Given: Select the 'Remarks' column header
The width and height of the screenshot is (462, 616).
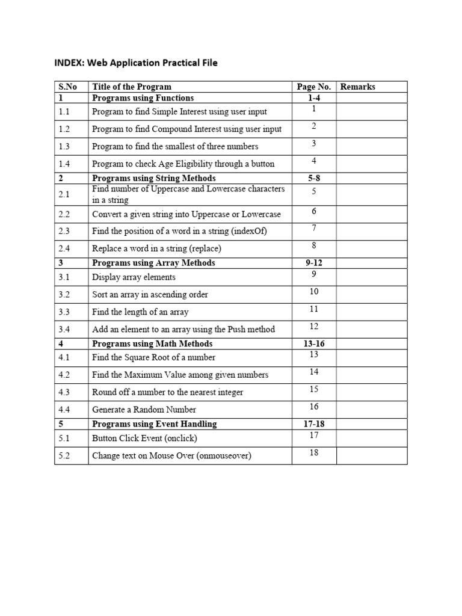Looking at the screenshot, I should click(357, 87).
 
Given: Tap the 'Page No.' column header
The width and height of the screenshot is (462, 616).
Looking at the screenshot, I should click(314, 87).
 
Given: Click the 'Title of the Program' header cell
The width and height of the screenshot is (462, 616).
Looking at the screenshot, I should click(132, 87).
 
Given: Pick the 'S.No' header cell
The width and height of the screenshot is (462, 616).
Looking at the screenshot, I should click(68, 87).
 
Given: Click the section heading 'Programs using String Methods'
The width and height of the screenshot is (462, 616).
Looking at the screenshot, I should click(153, 178).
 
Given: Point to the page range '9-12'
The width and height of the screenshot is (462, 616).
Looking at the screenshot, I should click(314, 263).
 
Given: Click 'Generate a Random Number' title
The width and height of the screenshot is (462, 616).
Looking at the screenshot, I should click(144, 410).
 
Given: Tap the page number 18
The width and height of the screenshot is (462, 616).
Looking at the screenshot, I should click(314, 452).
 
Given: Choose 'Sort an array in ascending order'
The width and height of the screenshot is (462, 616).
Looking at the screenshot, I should click(150, 295).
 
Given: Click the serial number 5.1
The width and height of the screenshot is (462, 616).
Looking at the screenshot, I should click(64, 439).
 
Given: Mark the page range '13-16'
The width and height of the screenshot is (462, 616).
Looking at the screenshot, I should click(314, 343).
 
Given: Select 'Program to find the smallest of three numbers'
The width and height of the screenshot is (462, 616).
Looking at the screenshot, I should click(175, 146).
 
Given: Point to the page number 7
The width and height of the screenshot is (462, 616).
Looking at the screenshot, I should click(314, 228).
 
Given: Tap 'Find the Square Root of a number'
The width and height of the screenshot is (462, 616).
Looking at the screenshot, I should click(153, 357).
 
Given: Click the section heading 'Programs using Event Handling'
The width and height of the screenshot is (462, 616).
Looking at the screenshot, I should click(154, 424).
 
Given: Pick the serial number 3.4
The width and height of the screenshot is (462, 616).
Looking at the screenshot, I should click(64, 329).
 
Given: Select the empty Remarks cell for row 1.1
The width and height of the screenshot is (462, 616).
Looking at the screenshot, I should click(371, 111).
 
